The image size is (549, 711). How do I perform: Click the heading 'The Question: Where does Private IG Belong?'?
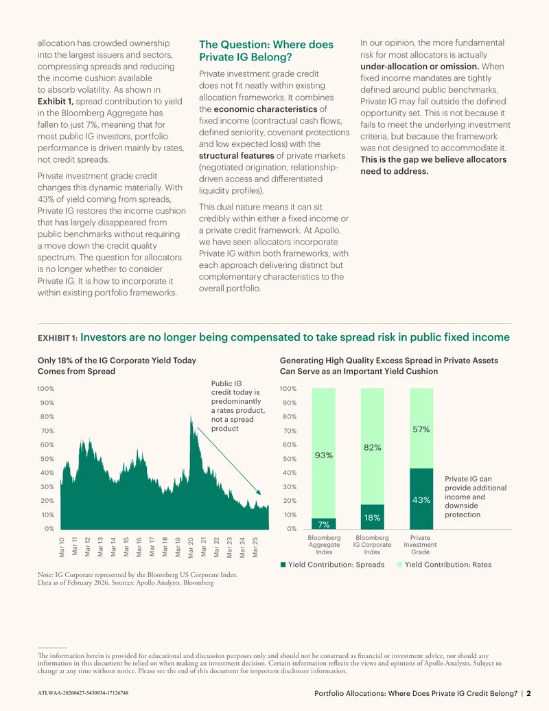[x=266, y=51]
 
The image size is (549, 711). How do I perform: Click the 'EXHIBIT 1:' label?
[x=58, y=338]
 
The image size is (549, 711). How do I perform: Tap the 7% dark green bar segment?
[x=323, y=523]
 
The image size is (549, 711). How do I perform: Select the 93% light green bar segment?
[x=323, y=453]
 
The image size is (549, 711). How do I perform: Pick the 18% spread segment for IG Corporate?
[x=373, y=517]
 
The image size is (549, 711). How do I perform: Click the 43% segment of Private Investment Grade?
[x=421, y=499]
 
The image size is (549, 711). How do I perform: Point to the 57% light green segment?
[x=421, y=429]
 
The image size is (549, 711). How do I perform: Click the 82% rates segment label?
[x=373, y=447]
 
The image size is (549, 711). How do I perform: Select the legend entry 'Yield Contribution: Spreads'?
[x=332, y=565]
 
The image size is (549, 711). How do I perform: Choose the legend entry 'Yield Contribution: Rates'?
[x=445, y=565]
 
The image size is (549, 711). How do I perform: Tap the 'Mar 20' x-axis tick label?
[x=191, y=548]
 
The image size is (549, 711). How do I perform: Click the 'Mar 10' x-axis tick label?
[x=62, y=548]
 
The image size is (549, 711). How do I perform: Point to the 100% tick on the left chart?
[x=46, y=389]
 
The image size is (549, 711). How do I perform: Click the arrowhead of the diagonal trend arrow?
[x=259, y=493]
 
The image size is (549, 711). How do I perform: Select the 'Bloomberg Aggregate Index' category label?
[x=324, y=545]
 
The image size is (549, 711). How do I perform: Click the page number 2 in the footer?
[x=528, y=693]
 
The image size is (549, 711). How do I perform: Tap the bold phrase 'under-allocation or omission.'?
[x=419, y=66]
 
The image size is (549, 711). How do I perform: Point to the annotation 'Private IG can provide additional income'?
[x=476, y=488]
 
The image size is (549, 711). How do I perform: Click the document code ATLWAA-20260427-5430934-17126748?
[x=83, y=693]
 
